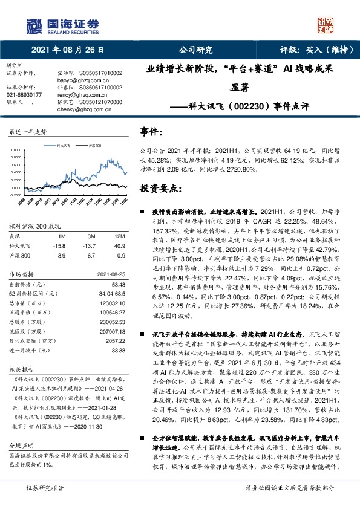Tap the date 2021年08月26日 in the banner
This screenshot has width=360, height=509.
tap(68, 50)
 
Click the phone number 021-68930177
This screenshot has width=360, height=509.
tap(25, 95)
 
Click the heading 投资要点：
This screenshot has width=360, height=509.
tap(160, 189)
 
